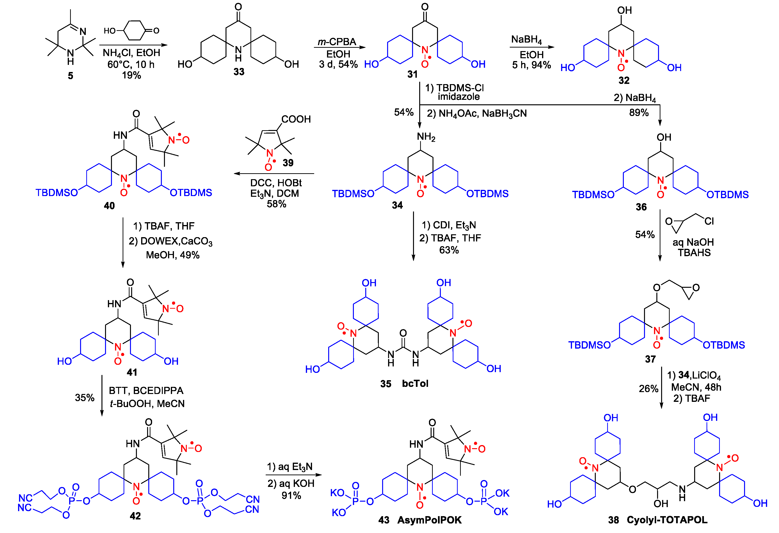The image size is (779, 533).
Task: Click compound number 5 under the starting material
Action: [x=70, y=76]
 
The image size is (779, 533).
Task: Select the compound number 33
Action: [x=239, y=72]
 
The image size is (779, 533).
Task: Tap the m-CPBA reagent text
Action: [x=337, y=42]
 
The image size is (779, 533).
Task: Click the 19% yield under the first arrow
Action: [x=131, y=75]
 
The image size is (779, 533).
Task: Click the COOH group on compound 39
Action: [x=296, y=119]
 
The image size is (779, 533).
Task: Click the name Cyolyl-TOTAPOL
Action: [x=667, y=520]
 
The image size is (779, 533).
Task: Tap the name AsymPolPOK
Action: [x=429, y=520]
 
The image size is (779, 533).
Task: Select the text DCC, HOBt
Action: [x=276, y=183]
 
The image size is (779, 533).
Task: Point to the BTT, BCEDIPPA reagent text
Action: [x=146, y=390]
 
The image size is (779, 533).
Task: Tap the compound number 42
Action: [x=135, y=516]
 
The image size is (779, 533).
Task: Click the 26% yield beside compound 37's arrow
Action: [x=648, y=389]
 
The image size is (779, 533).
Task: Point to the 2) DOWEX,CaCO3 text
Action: [x=171, y=241]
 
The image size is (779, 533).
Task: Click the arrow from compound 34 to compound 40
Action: [x=274, y=174]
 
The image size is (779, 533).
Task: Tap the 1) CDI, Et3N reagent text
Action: [x=449, y=225]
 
